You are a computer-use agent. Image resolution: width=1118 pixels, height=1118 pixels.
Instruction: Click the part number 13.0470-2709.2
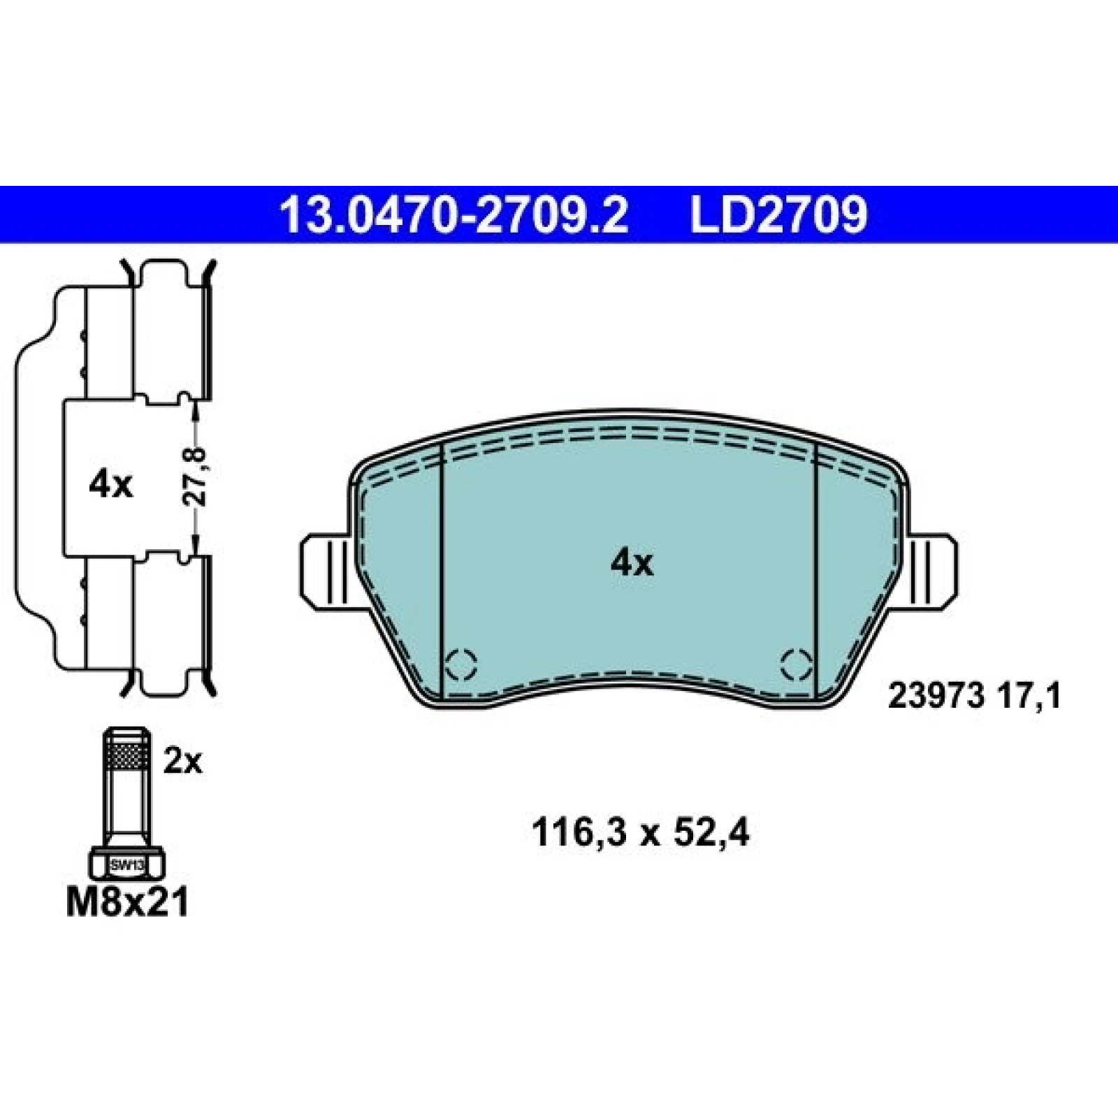[454, 215]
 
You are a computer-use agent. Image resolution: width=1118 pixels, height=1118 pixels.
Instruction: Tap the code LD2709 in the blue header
[779, 215]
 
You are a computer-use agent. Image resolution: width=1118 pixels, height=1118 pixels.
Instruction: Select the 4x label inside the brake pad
[632, 562]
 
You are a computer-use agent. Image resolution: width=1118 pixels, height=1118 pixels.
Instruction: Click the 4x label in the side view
[110, 484]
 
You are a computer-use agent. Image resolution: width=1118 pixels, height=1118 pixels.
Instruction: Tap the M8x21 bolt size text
[127, 902]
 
